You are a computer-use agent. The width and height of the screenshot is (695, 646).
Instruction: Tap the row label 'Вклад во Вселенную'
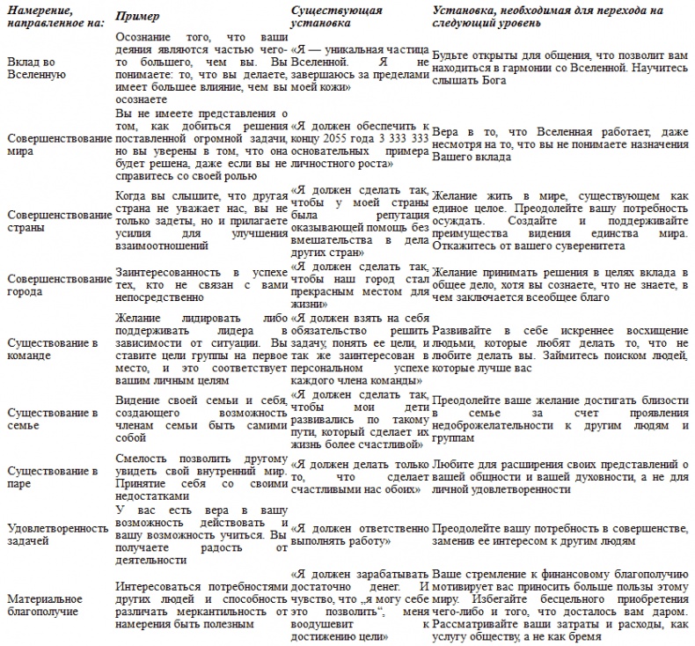35,70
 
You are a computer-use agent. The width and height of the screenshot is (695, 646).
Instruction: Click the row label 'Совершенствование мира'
57,144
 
